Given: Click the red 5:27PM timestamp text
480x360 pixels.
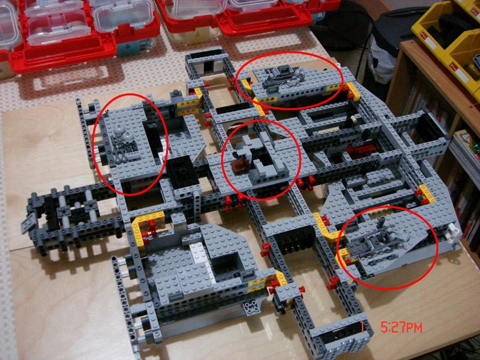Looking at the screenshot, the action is (x=401, y=328).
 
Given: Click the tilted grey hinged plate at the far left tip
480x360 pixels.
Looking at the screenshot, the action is (x=28, y=222).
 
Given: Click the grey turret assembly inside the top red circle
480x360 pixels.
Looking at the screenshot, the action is (x=283, y=77).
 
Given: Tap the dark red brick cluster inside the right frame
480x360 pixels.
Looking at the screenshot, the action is (x=361, y=151).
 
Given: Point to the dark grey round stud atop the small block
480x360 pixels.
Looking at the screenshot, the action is (x=176, y=92).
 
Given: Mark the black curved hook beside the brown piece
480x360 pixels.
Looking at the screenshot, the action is (x=236, y=154).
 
